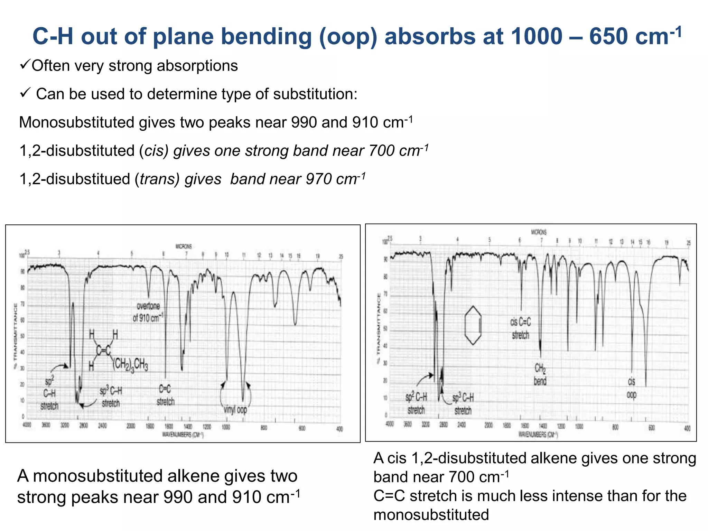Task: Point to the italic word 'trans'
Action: pyautogui.click(x=159, y=179)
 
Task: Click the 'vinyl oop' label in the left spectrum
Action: pyautogui.click(x=235, y=410)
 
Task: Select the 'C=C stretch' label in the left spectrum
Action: pyautogui.click(x=165, y=395)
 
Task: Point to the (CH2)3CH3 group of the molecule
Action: pyautogui.click(x=131, y=364)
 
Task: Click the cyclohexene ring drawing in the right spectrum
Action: pyautogui.click(x=473, y=325)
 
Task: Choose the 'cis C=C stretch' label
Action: pyautogui.click(x=520, y=328)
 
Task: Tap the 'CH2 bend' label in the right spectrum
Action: pyautogui.click(x=540, y=374)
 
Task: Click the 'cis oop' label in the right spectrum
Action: pyautogui.click(x=631, y=388)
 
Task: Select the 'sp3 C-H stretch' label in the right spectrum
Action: pyautogui.click(x=463, y=404)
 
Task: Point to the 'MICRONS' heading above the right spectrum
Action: pyautogui.click(x=539, y=232)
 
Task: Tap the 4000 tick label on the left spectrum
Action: pyautogui.click(x=27, y=425)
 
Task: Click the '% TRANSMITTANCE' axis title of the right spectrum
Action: pyautogui.click(x=379, y=328)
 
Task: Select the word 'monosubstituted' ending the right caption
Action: pyautogui.click(x=431, y=515)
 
